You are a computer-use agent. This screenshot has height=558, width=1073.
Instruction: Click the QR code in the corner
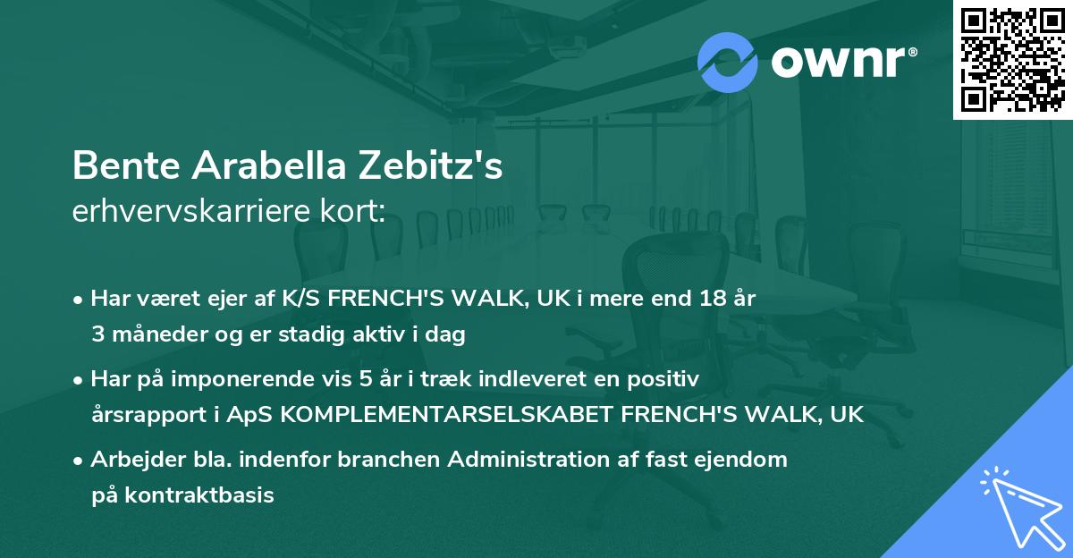1013,59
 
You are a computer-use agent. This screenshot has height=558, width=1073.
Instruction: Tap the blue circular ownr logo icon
727,62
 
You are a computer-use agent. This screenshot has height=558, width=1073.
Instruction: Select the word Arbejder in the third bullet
131,460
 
